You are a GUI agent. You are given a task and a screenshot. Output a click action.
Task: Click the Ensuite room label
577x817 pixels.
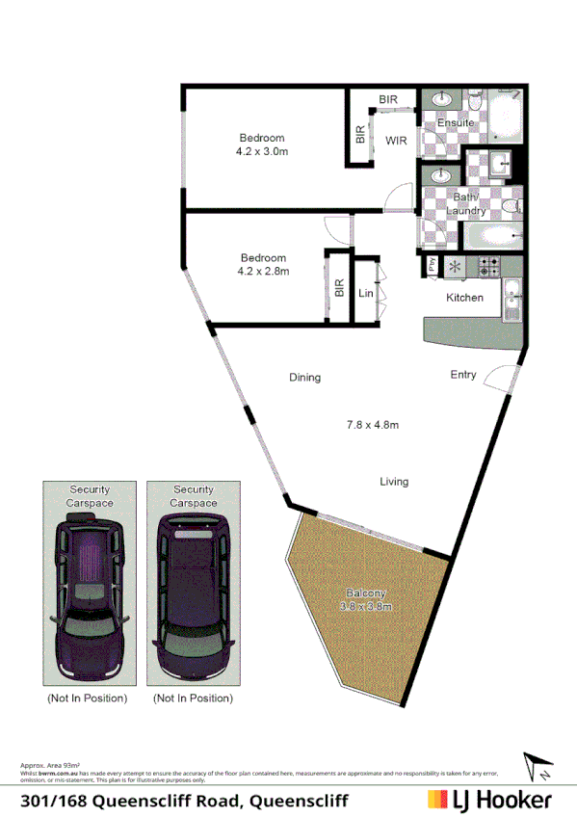(455, 122)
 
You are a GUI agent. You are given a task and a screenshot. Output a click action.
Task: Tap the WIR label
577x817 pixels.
(397, 141)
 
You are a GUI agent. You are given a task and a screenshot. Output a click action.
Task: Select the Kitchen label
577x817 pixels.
(464, 298)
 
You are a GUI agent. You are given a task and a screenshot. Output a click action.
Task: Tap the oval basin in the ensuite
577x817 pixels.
(442, 99)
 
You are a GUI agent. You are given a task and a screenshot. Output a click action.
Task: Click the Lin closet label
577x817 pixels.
(365, 293)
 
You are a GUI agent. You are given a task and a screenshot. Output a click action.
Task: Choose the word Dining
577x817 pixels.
(304, 378)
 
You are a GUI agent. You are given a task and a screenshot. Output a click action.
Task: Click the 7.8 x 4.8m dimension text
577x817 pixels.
(373, 424)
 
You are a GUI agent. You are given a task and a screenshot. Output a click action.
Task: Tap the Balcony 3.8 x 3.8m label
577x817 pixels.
(366, 600)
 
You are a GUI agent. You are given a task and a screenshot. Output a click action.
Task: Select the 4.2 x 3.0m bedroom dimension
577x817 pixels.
(262, 151)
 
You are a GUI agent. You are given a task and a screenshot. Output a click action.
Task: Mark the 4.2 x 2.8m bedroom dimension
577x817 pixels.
(263, 271)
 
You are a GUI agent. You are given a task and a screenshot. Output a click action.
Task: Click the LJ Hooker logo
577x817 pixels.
(489, 800)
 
